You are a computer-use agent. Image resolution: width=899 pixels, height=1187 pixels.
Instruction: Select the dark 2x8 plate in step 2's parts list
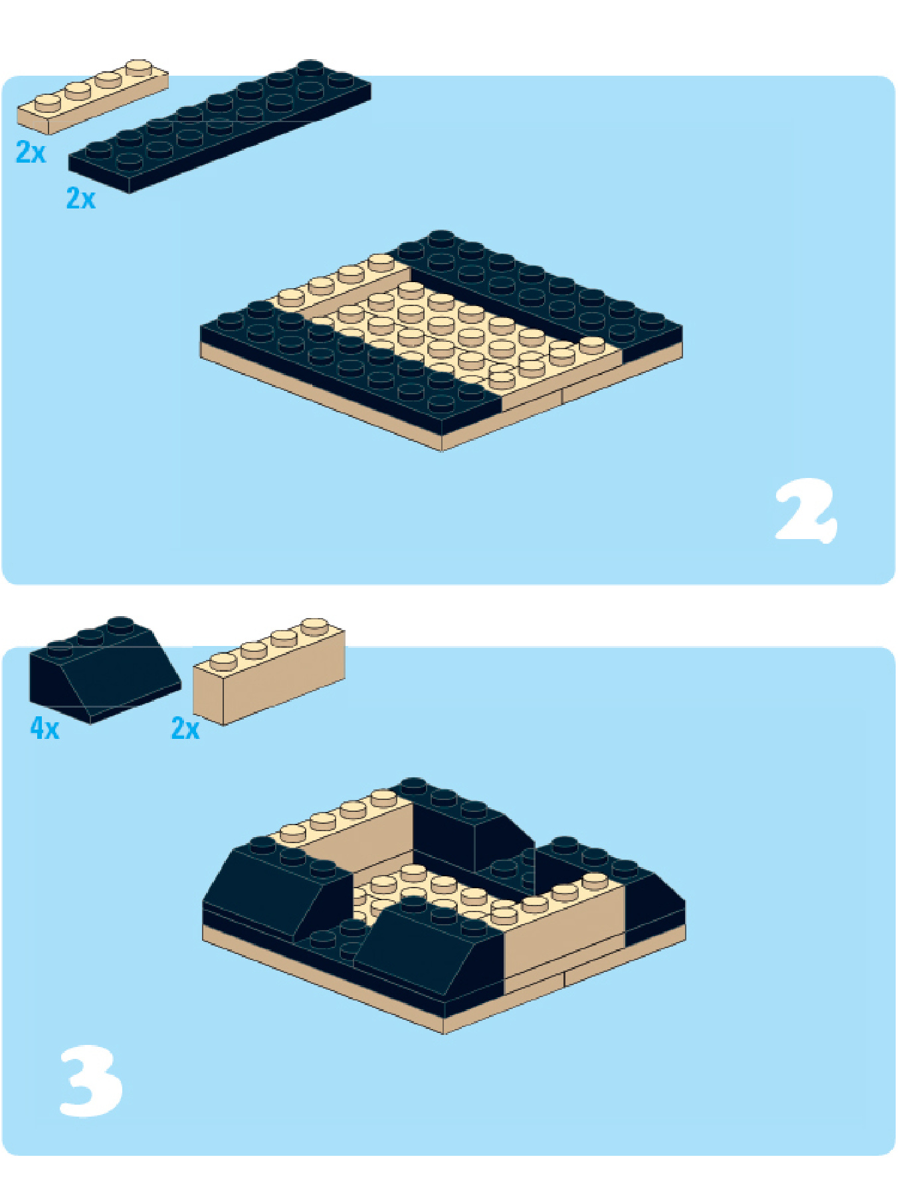click(219, 126)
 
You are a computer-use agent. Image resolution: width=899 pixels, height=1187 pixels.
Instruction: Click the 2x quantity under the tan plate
click(31, 153)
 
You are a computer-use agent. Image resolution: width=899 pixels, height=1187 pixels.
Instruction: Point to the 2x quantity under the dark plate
click(80, 198)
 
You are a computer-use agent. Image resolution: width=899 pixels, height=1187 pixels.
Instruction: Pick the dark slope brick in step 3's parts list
click(104, 669)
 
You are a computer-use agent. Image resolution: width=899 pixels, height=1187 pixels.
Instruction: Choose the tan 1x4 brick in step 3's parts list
click(268, 671)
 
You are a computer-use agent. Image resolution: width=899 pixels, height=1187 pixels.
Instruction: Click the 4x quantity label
click(45, 729)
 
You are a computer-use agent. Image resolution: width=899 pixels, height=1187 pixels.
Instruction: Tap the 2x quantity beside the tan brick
click(185, 729)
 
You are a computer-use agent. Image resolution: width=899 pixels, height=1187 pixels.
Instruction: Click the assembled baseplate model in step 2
click(442, 341)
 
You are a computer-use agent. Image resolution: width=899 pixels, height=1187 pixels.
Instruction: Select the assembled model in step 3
click(444, 905)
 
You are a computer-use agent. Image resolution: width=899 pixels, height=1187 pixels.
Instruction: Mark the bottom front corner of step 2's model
click(443, 451)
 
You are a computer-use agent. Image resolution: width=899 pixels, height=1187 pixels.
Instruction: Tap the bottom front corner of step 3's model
click(444, 1034)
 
